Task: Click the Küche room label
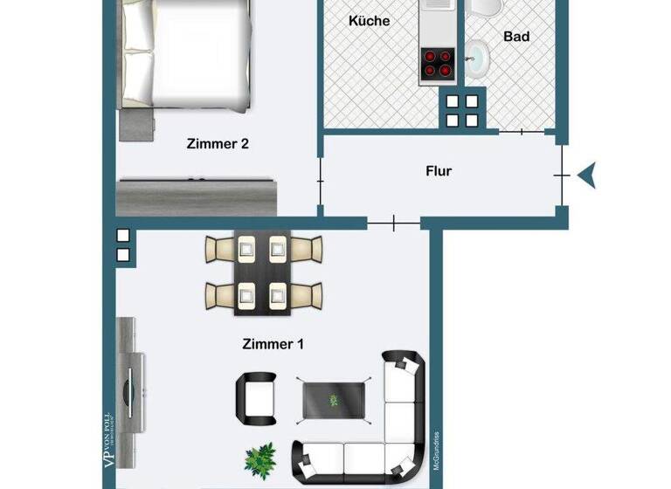(x=369, y=20)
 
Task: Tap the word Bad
(x=516, y=37)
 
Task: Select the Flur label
(x=439, y=171)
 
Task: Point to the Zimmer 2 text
(x=218, y=144)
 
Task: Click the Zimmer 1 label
(x=273, y=344)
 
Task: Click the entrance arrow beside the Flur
(x=587, y=176)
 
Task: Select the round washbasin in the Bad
(x=477, y=60)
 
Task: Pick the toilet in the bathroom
(x=482, y=9)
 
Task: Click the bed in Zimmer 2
(x=188, y=52)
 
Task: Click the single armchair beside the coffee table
(x=255, y=396)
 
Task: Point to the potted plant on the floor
(x=260, y=457)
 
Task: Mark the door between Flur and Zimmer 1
(x=394, y=224)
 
